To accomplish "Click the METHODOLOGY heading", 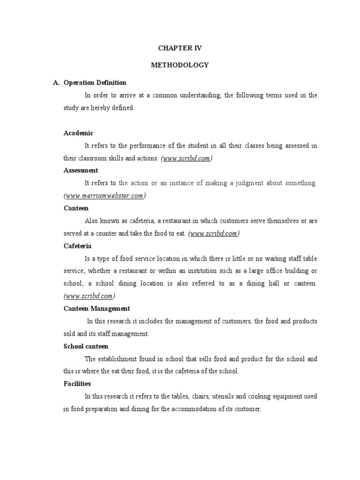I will point(180,65).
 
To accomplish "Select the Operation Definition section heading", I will point(95,82).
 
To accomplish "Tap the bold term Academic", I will point(78,133).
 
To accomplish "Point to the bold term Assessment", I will point(81,171).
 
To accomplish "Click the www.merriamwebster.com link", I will point(104,196).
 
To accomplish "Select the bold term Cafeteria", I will point(77,246).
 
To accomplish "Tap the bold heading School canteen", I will point(86,346).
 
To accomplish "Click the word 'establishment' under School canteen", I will point(117,359).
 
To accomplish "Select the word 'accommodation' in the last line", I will point(200,409).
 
